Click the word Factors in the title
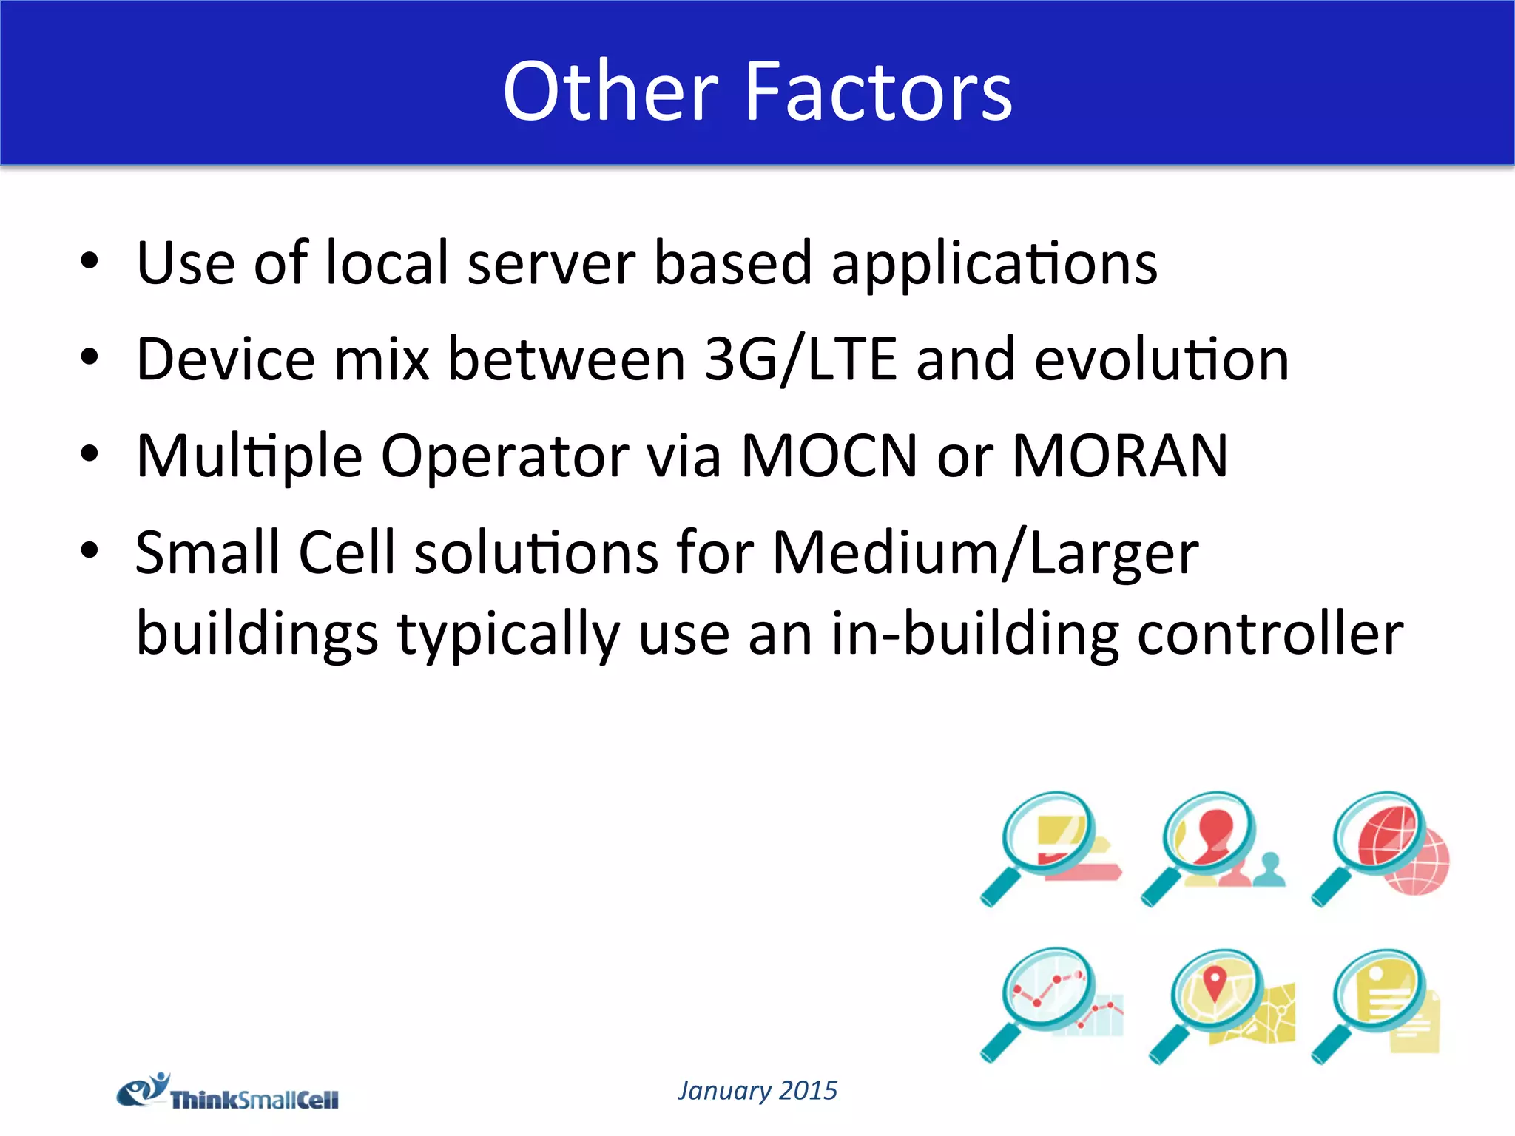(877, 92)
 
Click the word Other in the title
(610, 92)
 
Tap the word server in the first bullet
(551, 263)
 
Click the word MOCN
(829, 456)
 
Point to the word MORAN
(1120, 456)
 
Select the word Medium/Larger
(985, 553)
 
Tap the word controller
(1269, 634)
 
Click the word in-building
(974, 634)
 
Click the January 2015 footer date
(757, 1090)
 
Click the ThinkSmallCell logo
(228, 1093)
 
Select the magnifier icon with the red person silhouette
(1213, 847)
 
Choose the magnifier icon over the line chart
(1050, 1004)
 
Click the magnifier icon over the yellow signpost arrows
(1050, 847)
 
